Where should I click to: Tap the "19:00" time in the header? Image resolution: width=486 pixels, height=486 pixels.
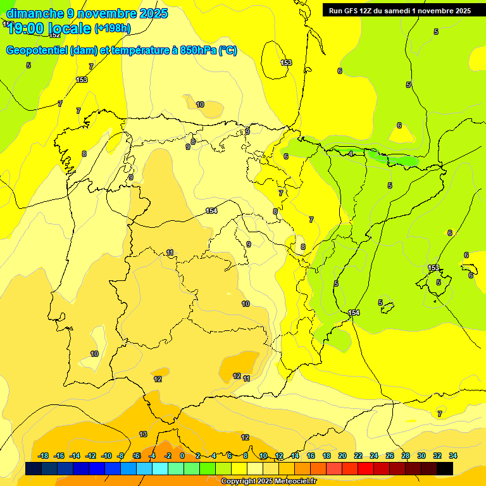[x=27, y=28]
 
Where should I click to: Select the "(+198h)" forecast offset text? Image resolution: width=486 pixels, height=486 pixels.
[x=112, y=28]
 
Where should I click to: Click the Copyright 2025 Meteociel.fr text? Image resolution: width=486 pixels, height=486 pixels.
[x=268, y=482]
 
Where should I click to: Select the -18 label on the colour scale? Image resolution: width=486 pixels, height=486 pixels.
[x=44, y=456]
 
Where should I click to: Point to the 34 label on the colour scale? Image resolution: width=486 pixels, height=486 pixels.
[x=453, y=456]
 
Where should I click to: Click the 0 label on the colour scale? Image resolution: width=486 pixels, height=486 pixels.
[x=182, y=456]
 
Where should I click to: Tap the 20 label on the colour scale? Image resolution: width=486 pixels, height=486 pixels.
[x=342, y=456]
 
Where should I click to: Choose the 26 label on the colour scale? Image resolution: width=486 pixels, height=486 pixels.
[x=390, y=456]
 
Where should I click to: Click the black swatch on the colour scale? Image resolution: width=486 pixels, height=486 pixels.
[x=445, y=468]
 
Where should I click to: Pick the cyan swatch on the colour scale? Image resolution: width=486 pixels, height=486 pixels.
[x=159, y=468]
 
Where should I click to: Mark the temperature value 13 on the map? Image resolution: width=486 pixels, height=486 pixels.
[x=143, y=434]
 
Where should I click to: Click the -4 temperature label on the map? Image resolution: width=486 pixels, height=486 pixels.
[x=350, y=154]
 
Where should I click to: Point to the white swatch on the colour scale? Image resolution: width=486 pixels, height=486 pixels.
[x=255, y=468]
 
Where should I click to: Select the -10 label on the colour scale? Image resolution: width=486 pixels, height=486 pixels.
[x=106, y=456]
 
